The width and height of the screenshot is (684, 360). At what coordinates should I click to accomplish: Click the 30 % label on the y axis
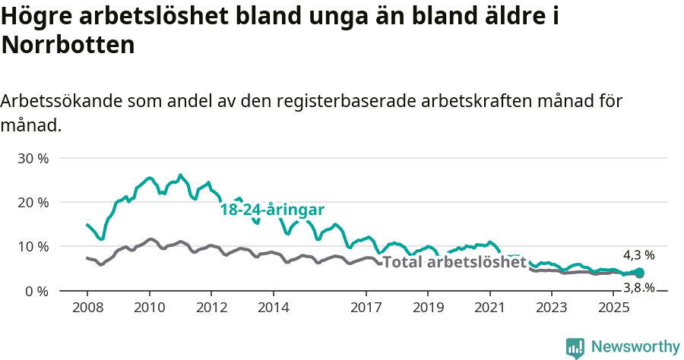(33, 158)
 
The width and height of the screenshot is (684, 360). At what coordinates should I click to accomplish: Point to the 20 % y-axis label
(33, 202)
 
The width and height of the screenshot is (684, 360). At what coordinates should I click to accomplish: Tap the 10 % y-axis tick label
(33, 246)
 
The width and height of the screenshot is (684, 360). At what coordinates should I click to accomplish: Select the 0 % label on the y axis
(36, 290)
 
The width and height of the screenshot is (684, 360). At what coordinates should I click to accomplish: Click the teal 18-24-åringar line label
(272, 210)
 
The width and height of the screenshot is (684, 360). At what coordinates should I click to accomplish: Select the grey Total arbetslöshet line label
(454, 262)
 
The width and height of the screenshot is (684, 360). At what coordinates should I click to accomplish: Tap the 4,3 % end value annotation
(638, 255)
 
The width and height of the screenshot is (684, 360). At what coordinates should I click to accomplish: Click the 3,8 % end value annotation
(638, 288)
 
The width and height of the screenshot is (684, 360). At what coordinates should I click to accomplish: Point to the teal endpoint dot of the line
(639, 273)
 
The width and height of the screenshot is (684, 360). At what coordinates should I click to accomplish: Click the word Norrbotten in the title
(68, 45)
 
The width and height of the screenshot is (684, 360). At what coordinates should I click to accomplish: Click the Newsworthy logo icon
(575, 347)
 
